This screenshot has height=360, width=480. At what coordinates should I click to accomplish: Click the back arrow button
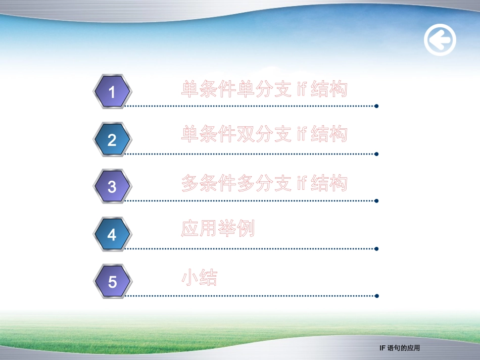pos(440,40)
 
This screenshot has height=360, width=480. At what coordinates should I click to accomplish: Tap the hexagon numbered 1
pos(112,91)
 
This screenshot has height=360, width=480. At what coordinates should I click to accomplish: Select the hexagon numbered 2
pos(112,139)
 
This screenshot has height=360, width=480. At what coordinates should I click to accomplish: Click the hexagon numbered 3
pos(112,186)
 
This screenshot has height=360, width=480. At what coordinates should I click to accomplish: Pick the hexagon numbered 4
pos(112,234)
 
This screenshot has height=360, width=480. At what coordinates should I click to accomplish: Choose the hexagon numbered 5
pos(112,281)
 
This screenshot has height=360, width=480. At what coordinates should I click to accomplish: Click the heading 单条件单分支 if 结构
pos(264,89)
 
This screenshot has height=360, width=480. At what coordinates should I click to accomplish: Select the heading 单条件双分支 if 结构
pos(264,134)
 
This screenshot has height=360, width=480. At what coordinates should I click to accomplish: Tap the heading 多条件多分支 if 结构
pos(264,183)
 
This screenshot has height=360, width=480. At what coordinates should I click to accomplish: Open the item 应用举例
pos(218,229)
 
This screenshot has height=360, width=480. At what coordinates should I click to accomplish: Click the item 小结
pos(199,278)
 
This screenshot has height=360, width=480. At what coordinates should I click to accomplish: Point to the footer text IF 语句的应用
pos(400,348)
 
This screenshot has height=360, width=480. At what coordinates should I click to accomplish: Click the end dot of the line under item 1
pos(376,106)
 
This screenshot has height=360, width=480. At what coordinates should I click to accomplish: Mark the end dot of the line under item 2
pos(376,153)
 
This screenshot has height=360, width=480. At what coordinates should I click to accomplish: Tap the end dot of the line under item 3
pos(376,201)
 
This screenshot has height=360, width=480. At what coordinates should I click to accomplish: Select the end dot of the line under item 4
pos(376,248)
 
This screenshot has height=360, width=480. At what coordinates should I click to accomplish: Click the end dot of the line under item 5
pos(376,296)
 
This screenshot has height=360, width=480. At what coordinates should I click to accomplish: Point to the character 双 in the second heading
pos(246,134)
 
